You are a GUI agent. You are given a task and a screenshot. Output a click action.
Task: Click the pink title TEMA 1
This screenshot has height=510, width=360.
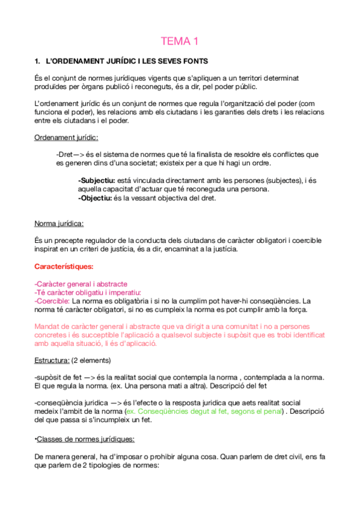coord(179,41)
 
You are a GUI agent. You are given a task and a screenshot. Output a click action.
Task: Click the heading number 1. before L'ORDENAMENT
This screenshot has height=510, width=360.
coord(38,61)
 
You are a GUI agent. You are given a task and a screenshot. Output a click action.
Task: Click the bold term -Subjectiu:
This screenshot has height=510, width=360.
coord(98,180)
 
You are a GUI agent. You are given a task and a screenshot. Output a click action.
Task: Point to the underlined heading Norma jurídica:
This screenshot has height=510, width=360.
coord(59,224)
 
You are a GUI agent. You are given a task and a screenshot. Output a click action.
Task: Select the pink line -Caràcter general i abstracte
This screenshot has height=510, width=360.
coord(81,283)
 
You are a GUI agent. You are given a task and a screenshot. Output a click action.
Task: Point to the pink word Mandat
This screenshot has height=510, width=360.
coord(47,326)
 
